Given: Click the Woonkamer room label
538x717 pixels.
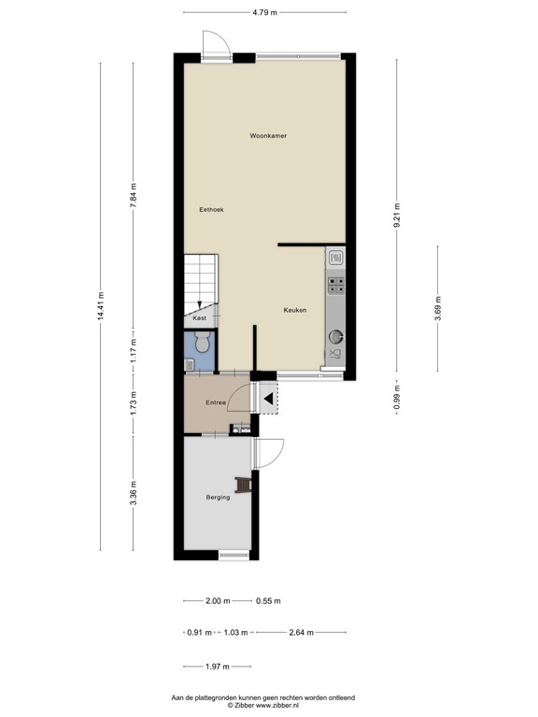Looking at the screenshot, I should click(x=268, y=136).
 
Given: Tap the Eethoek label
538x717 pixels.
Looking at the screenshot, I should click(x=211, y=210).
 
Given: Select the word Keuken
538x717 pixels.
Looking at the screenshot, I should click(x=296, y=310).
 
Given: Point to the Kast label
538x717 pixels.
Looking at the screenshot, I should click(x=199, y=318).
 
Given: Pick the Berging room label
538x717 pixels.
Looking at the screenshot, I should click(x=218, y=498).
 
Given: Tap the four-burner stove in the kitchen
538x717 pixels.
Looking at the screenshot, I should click(x=335, y=283).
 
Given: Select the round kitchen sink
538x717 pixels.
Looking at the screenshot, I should click(x=334, y=336).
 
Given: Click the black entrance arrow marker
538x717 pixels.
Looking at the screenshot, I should click(x=267, y=401).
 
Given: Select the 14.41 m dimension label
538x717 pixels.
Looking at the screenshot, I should click(x=101, y=305).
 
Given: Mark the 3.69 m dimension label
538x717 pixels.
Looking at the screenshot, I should click(x=438, y=306).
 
